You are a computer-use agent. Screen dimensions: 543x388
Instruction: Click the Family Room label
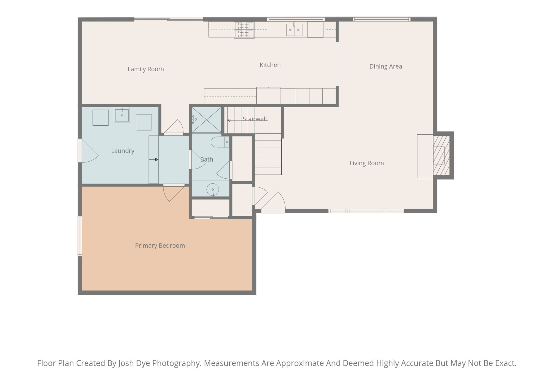146,69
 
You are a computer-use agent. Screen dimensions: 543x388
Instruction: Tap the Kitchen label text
270,65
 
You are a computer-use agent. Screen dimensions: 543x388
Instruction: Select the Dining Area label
386,67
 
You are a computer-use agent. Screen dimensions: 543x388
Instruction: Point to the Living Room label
366,163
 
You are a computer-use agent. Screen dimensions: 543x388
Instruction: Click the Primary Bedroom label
160,246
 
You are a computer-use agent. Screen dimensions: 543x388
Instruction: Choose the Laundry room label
122,151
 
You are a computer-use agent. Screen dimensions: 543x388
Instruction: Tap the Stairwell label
255,119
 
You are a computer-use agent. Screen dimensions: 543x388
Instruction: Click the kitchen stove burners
244,30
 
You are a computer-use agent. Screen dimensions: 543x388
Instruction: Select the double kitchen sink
294,29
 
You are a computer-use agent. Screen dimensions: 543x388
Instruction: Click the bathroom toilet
220,142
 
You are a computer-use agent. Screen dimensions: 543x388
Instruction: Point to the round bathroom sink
213,189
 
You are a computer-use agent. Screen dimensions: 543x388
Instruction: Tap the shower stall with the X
207,120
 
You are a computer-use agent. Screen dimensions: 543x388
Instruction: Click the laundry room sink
122,115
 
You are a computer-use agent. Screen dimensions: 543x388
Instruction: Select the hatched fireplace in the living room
441,155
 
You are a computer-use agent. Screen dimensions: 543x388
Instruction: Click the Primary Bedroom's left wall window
80,236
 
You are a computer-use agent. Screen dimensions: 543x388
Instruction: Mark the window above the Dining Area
382,19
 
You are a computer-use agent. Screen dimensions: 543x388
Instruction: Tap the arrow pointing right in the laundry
154,160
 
